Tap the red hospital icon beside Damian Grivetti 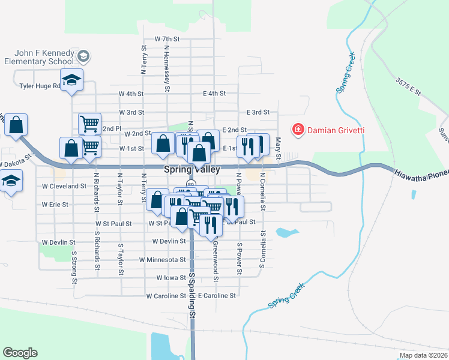pos(297,129)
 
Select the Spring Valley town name pos(191,170)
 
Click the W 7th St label pos(167,38)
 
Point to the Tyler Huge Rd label pos(40,86)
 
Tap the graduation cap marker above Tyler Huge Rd pos(71,80)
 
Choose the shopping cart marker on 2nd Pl pos(89,124)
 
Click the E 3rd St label pos(258,112)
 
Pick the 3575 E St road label pos(408,86)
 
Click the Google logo pos(20,353)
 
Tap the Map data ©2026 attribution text pos(423,355)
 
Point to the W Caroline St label pos(165,296)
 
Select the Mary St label pos(278,145)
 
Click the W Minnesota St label pos(162,260)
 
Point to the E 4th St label pos(214,94)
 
